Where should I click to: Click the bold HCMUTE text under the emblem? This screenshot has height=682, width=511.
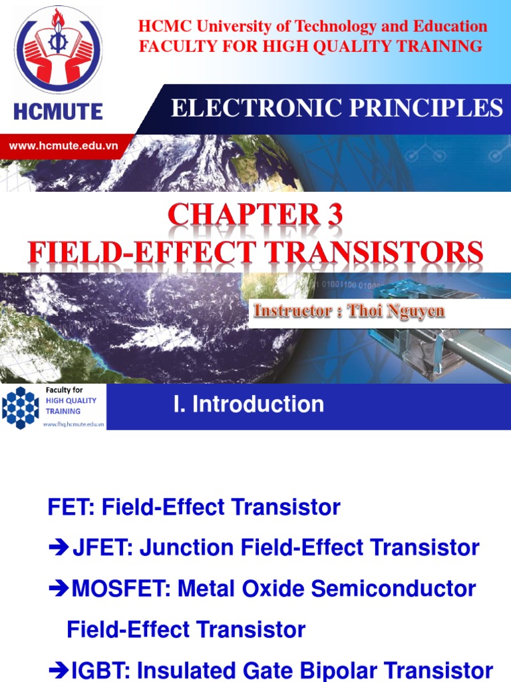[59, 111]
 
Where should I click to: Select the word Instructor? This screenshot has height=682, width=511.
[290, 311]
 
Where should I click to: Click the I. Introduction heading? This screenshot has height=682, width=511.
[248, 404]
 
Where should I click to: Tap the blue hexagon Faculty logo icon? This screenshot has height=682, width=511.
[21, 407]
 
